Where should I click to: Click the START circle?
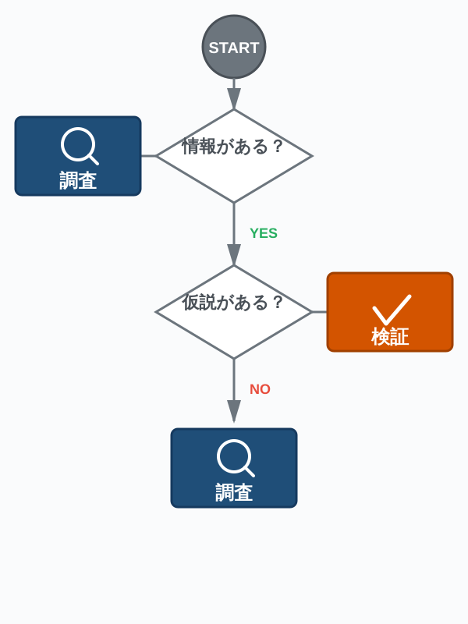(234, 47)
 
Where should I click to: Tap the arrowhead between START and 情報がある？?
(234, 98)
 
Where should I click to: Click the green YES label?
(264, 233)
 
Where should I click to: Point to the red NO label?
(260, 389)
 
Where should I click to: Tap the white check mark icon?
(392, 309)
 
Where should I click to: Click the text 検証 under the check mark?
(390, 337)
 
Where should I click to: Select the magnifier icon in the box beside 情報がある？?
(79, 145)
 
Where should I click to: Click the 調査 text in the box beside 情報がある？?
(78, 181)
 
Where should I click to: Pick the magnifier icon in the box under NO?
(235, 457)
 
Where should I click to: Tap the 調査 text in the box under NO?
(234, 493)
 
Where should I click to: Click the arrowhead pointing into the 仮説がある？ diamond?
(234, 254)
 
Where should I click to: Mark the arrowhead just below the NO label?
(234, 410)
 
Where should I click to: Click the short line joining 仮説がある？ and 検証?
(320, 312)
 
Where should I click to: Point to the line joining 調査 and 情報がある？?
(148, 156)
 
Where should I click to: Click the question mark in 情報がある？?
(278, 147)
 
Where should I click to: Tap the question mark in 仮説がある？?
(278, 303)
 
